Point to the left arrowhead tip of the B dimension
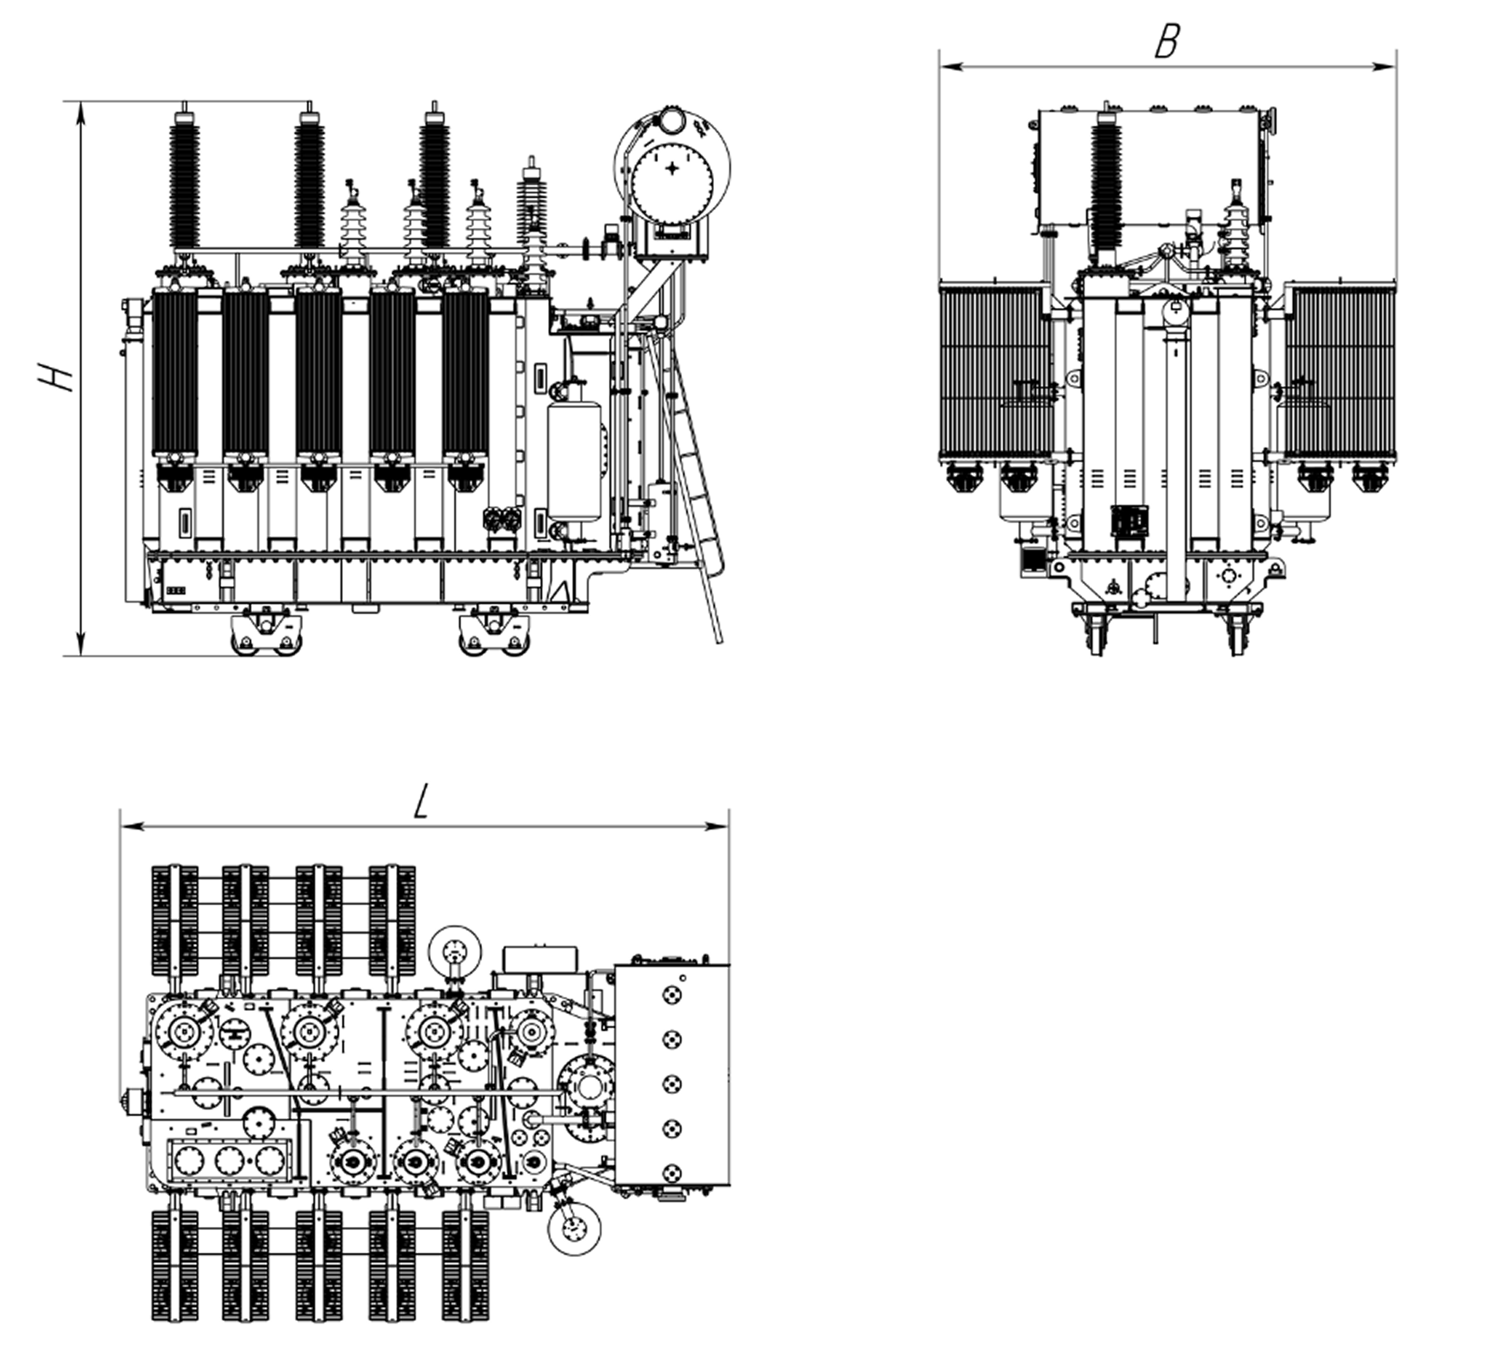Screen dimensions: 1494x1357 click(x=940, y=67)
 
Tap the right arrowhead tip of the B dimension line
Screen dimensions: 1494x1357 click(x=1395, y=67)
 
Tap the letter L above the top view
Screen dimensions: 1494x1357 click(x=421, y=801)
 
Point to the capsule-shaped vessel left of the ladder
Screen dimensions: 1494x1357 click(x=574, y=460)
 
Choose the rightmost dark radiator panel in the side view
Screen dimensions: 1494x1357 click(x=466, y=372)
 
